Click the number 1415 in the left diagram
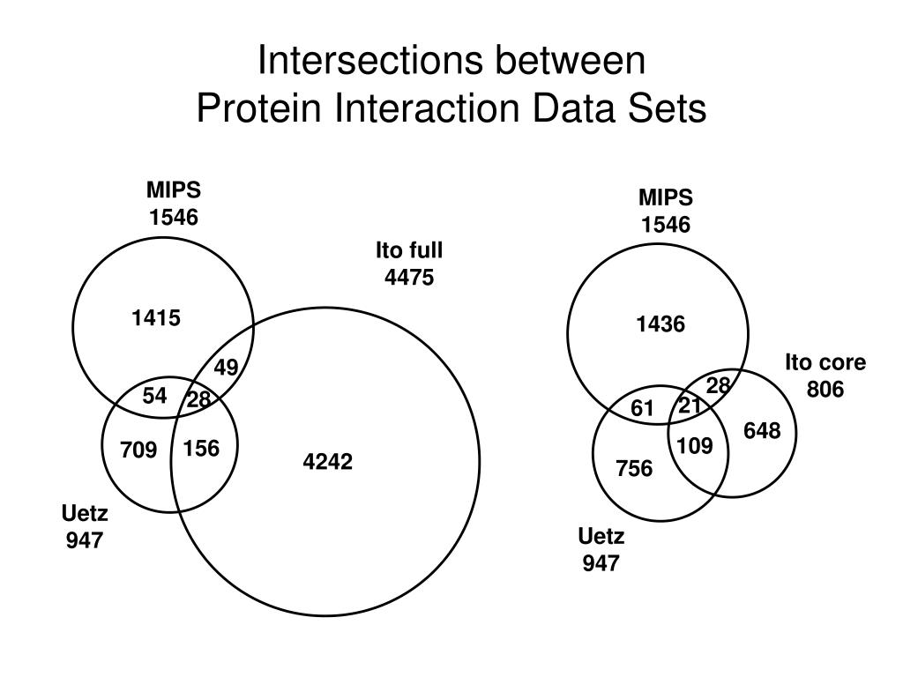pyautogui.click(x=156, y=318)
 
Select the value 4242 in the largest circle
pyautogui.click(x=328, y=462)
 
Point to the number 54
pyautogui.click(x=154, y=396)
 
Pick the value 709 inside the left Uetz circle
pyautogui.click(x=138, y=450)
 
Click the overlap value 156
pyautogui.click(x=201, y=449)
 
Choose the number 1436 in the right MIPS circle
pyautogui.click(x=660, y=324)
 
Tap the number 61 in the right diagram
pyautogui.click(x=643, y=407)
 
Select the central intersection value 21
pyautogui.click(x=690, y=405)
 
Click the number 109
pyautogui.click(x=696, y=446)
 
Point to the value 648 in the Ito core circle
pyautogui.click(x=762, y=430)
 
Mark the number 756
pyautogui.click(x=634, y=468)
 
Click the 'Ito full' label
pyautogui.click(x=409, y=251)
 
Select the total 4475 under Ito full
pyautogui.click(x=409, y=278)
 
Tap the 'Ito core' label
pyautogui.click(x=825, y=362)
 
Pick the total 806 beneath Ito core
pyautogui.click(x=825, y=389)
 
